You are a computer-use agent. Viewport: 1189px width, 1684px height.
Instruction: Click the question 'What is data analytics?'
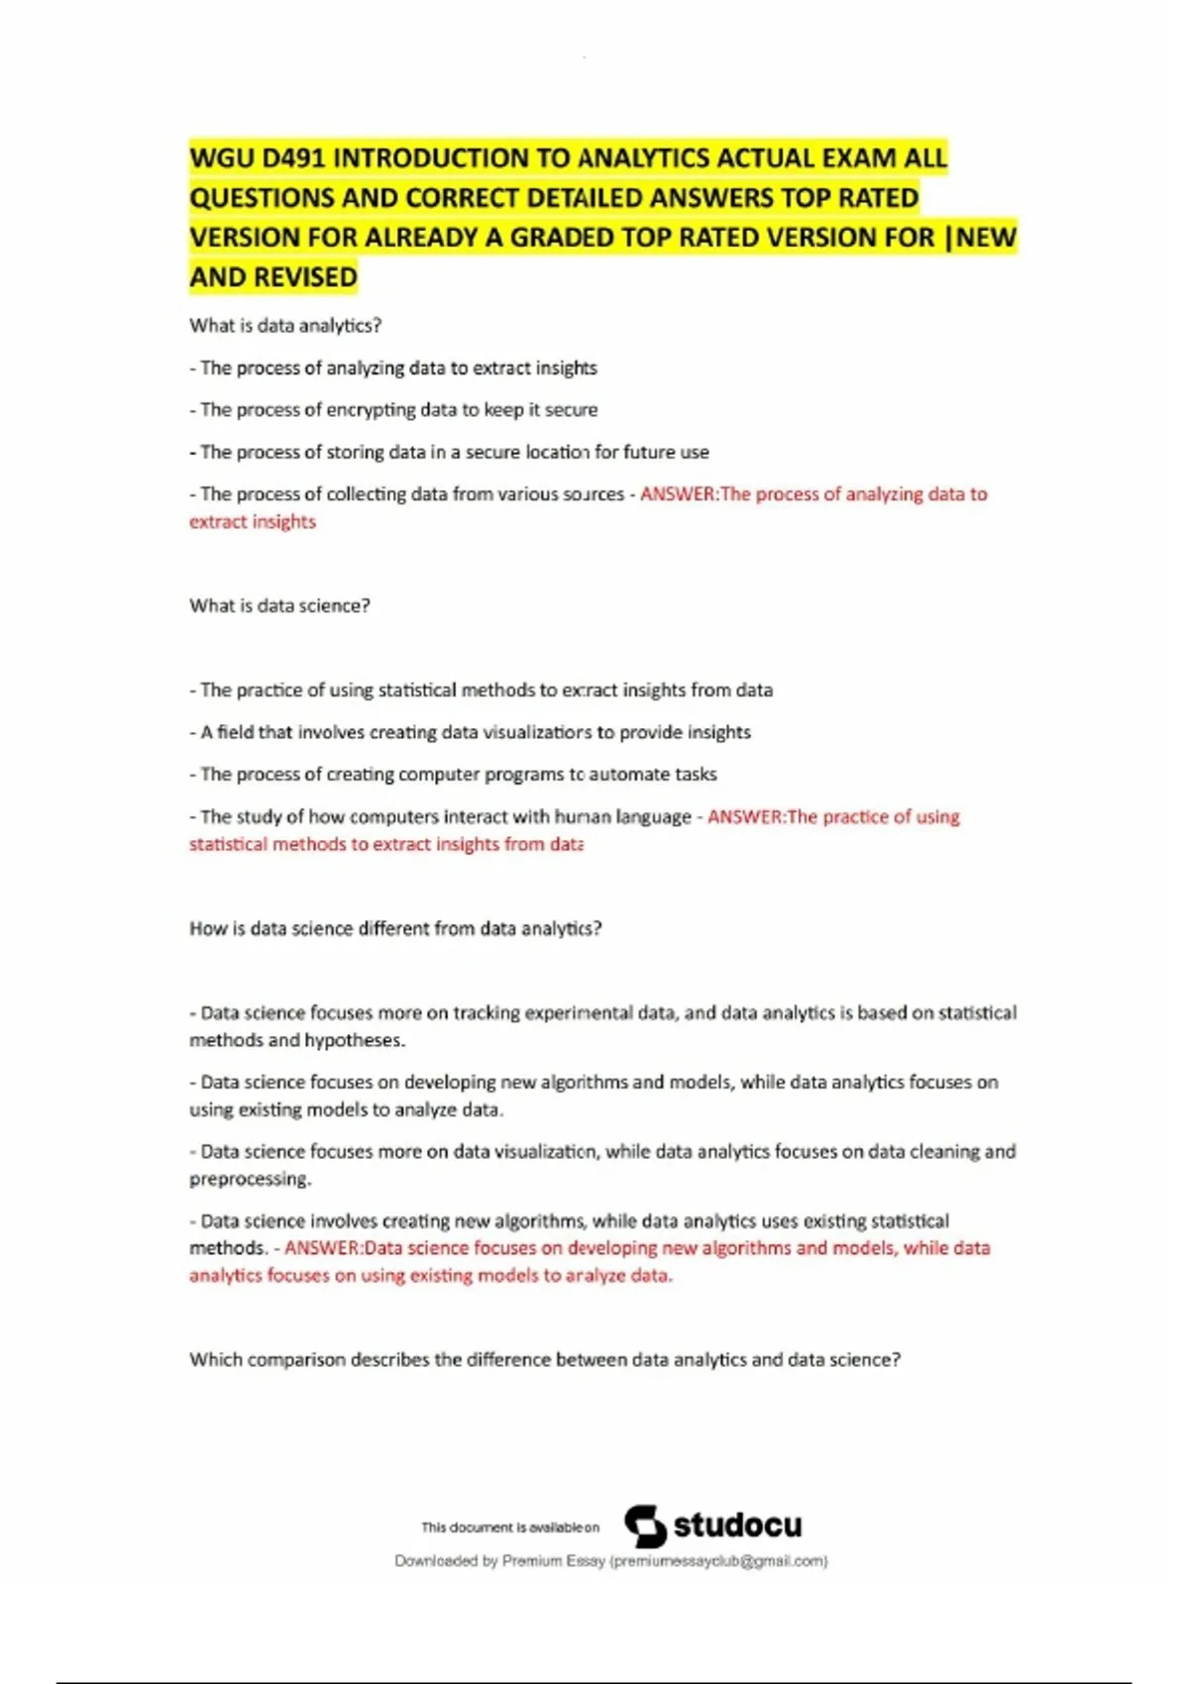285,326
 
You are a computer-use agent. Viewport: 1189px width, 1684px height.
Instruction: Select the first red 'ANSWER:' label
679,494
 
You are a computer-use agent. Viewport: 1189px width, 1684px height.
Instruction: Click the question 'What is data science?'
279,606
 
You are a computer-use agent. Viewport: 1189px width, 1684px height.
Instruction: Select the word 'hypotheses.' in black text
355,1041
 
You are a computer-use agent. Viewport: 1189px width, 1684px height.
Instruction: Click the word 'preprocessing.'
251,1180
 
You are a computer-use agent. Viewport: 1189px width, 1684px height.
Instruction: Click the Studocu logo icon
645,1526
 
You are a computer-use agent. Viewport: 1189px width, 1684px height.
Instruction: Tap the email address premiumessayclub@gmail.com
718,1561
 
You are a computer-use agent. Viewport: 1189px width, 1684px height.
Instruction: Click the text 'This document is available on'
510,1527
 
